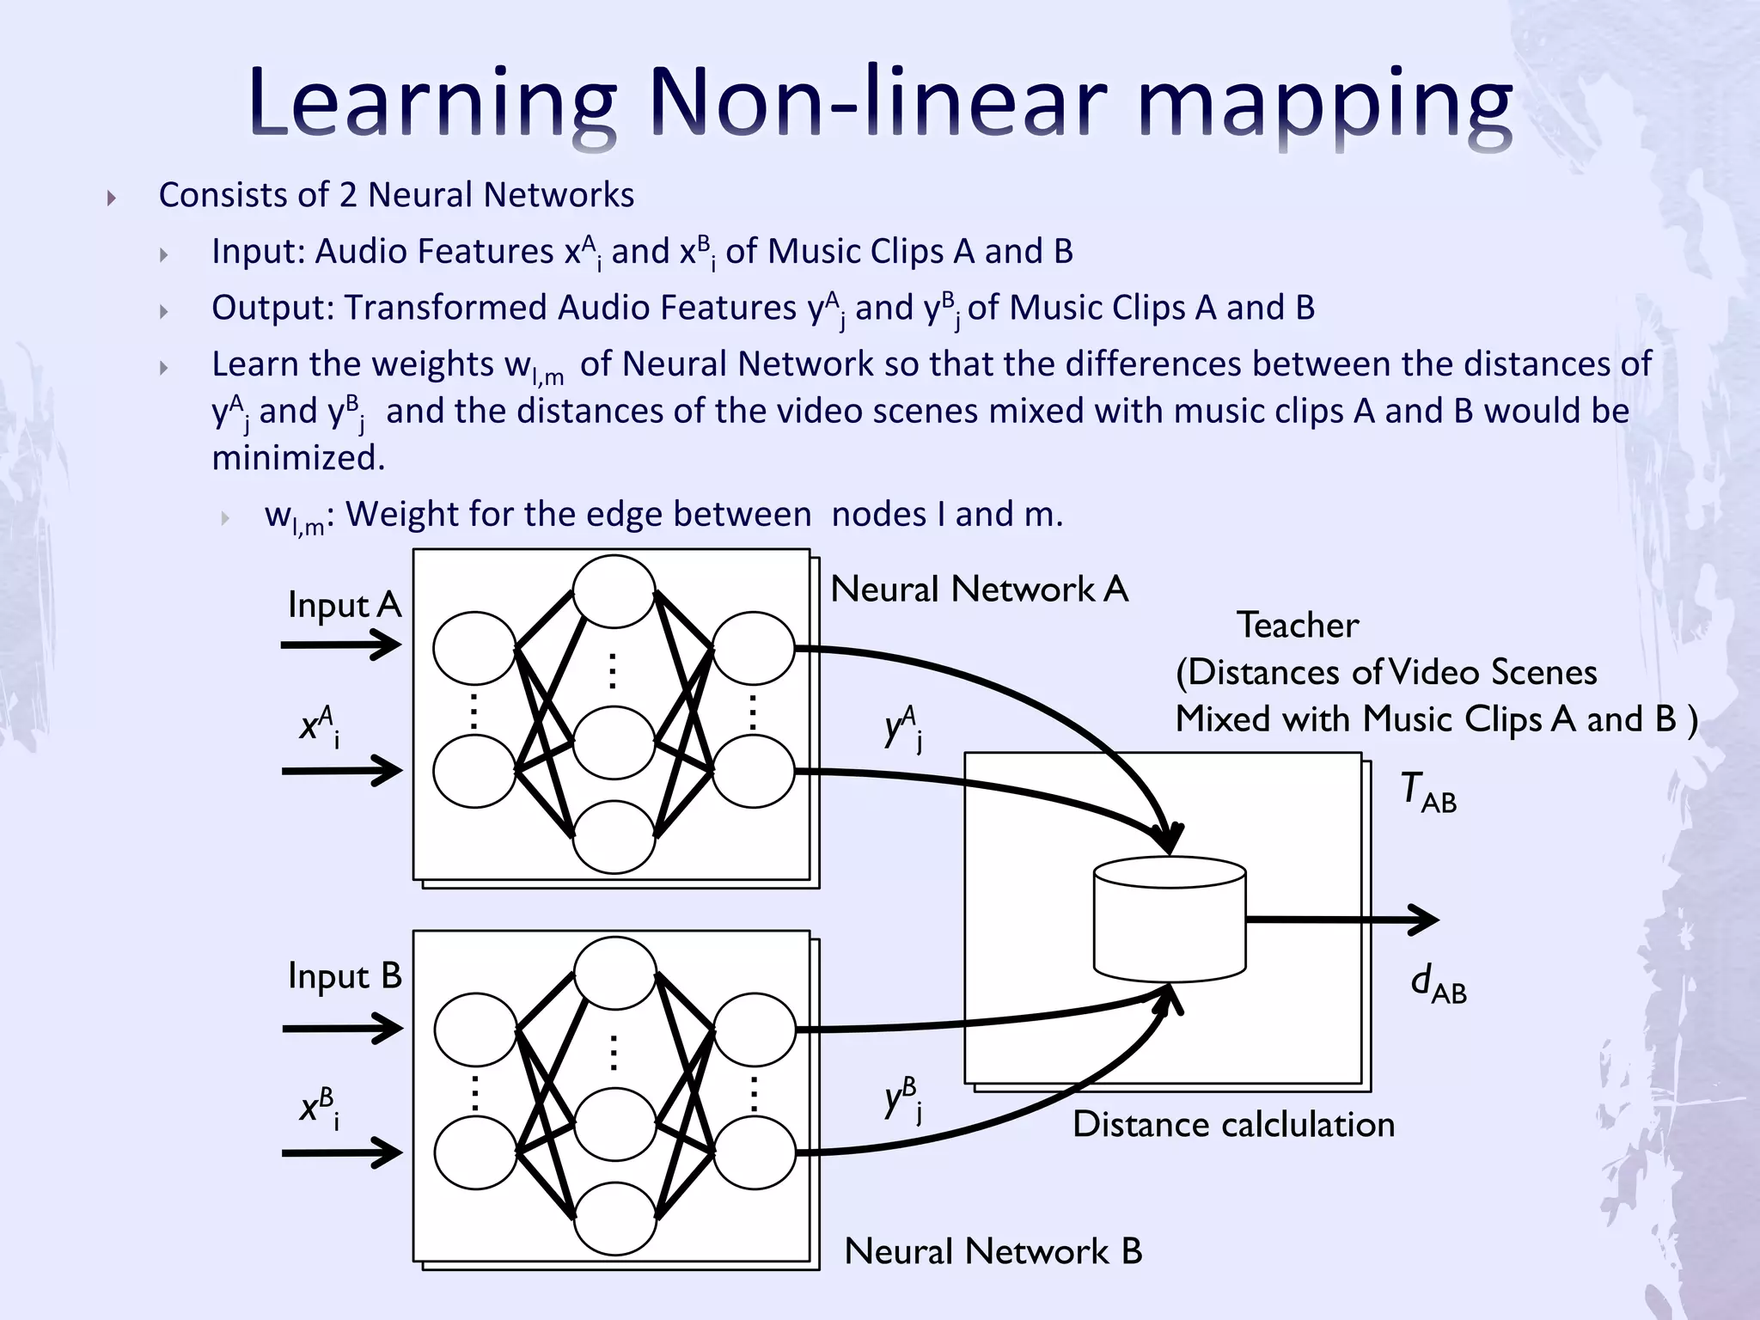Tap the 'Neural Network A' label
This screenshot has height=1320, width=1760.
click(x=979, y=590)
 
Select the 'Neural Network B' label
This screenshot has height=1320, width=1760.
click(x=993, y=1251)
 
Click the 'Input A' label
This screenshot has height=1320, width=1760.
click(x=345, y=605)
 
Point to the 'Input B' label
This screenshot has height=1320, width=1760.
click(x=345, y=976)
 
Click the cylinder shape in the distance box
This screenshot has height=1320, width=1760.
click(x=1170, y=920)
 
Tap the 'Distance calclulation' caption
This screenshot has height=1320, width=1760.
click(x=1233, y=1125)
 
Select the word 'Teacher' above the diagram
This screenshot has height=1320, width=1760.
click(x=1298, y=625)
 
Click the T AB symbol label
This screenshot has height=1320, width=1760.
click(x=1427, y=792)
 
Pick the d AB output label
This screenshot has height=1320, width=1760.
click(x=1438, y=984)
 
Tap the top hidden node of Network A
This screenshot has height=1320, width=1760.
click(x=614, y=591)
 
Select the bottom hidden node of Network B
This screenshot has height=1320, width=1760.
click(x=614, y=1219)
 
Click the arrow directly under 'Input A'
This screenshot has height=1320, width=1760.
click(x=341, y=645)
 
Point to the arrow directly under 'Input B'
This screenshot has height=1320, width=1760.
click(x=342, y=1028)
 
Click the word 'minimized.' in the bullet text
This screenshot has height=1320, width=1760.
click(x=298, y=458)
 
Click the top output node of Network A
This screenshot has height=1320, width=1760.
click(x=754, y=648)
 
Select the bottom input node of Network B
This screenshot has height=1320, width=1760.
click(x=475, y=1153)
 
